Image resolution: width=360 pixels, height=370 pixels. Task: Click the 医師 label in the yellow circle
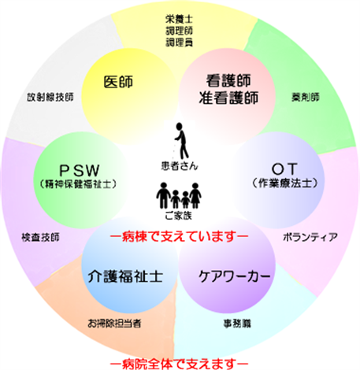pyautogui.click(x=118, y=82)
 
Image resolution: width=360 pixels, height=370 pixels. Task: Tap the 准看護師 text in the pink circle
pyautogui.click(x=228, y=98)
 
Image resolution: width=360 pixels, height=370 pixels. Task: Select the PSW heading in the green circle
pyautogui.click(x=80, y=170)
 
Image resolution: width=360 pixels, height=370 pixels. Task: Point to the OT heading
pyautogui.click(x=284, y=168)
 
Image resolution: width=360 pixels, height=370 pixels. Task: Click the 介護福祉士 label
pyautogui.click(x=125, y=276)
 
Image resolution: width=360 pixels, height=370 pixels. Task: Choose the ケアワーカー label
pyautogui.click(x=234, y=276)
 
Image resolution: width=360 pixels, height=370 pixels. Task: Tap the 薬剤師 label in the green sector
pyautogui.click(x=306, y=98)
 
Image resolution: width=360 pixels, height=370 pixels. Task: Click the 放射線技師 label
pyautogui.click(x=50, y=97)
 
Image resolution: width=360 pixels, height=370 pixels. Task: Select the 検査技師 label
pyautogui.click(x=40, y=237)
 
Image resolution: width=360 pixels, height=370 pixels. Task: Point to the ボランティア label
pyautogui.click(x=310, y=237)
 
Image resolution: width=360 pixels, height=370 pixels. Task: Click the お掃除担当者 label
pyautogui.click(x=114, y=324)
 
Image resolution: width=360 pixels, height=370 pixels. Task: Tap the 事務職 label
pyautogui.click(x=237, y=324)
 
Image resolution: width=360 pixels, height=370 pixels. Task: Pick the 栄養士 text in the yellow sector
pyautogui.click(x=179, y=19)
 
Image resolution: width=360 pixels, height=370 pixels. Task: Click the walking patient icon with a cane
pyautogui.click(x=181, y=141)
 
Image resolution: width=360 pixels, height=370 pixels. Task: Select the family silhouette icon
pyautogui.click(x=179, y=196)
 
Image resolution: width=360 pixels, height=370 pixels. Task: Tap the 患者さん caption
pyautogui.click(x=180, y=166)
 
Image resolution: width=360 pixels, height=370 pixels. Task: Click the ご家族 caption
pyautogui.click(x=179, y=216)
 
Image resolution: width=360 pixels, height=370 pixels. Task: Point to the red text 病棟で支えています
pyautogui.click(x=179, y=237)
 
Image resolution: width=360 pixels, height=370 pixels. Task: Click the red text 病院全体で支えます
pyautogui.click(x=179, y=364)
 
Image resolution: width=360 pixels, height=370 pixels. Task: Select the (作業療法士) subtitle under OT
pyautogui.click(x=285, y=183)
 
